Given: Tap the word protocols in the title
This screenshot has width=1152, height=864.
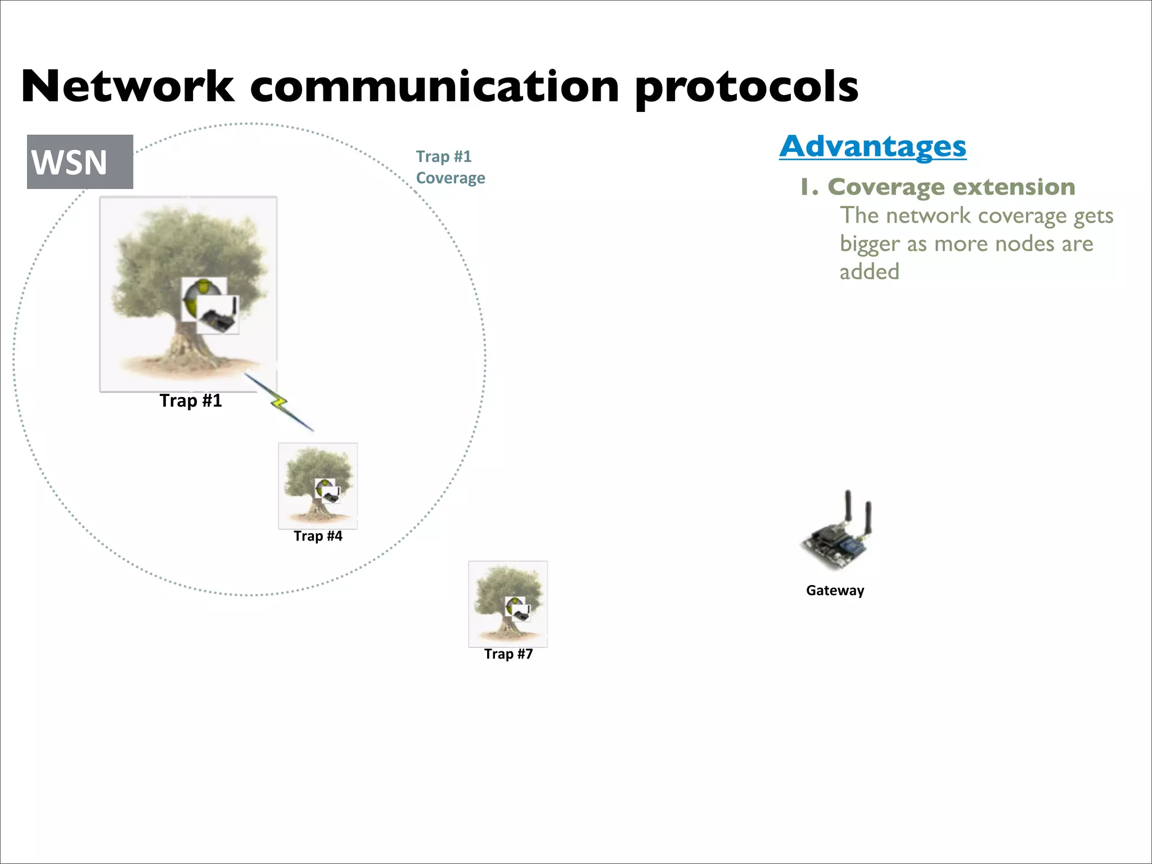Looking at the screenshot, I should click(746, 89).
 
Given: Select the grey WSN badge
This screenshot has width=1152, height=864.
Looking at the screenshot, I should click(80, 162).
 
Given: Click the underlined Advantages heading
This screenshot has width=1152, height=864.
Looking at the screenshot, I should click(872, 146).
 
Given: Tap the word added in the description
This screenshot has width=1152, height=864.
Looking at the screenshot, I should click(869, 272).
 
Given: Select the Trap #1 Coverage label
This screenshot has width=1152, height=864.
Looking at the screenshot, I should click(450, 167).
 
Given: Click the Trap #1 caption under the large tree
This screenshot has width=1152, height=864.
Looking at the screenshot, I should click(191, 400).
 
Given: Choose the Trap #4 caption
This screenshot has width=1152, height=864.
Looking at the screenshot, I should click(318, 536).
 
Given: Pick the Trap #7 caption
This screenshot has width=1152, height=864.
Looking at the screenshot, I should click(508, 654).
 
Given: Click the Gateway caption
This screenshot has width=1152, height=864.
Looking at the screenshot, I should click(835, 591).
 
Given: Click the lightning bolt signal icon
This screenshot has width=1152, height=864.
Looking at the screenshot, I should click(279, 402).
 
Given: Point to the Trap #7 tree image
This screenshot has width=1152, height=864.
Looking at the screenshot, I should click(508, 603).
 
